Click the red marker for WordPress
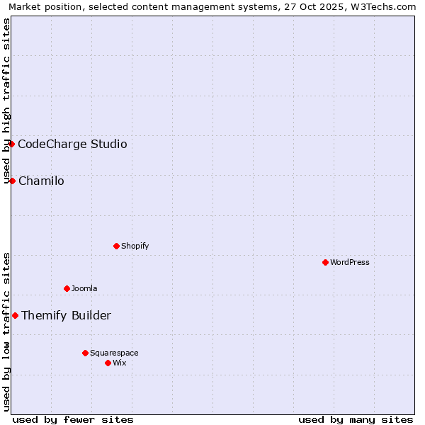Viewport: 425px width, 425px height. coord(325,262)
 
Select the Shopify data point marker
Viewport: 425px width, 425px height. coord(116,246)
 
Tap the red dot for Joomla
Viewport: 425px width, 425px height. coord(67,288)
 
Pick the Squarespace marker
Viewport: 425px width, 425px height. coord(85,353)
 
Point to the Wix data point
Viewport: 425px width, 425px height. coord(108,363)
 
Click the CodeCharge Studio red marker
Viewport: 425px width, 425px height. coord(11,144)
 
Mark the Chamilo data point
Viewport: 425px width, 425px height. coord(12,181)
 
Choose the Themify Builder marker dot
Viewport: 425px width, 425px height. coord(15,315)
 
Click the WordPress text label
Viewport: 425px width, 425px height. coord(350,262)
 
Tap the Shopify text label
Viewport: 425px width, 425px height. coord(135,246)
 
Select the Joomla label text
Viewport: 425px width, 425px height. coord(84,288)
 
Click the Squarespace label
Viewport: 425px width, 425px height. coord(114,353)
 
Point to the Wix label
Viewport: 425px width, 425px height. coord(120,363)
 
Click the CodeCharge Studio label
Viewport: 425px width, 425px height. coord(72,144)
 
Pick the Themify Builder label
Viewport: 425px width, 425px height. coord(66,316)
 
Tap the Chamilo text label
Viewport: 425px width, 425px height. coord(41,181)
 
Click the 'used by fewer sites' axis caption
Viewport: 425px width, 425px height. coord(73,419)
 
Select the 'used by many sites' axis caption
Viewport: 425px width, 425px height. coord(356,419)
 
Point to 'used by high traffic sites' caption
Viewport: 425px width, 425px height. coord(7,101)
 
